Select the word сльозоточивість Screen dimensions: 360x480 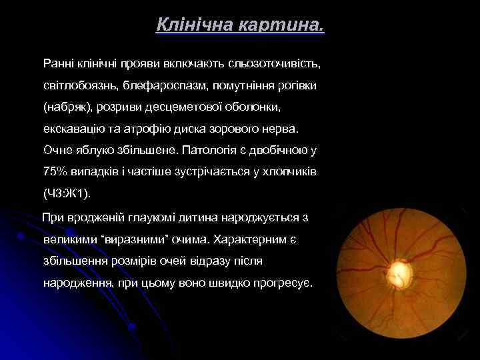point(274,65)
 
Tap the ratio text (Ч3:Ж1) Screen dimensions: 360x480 point(66,193)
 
